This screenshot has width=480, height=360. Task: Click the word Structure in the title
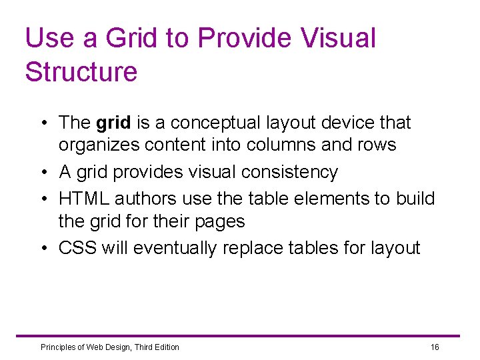point(81,71)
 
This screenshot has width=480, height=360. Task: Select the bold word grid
point(113,123)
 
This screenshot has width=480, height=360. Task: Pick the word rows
point(377,145)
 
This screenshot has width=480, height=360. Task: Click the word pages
point(220,221)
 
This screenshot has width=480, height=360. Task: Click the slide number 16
point(435,347)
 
